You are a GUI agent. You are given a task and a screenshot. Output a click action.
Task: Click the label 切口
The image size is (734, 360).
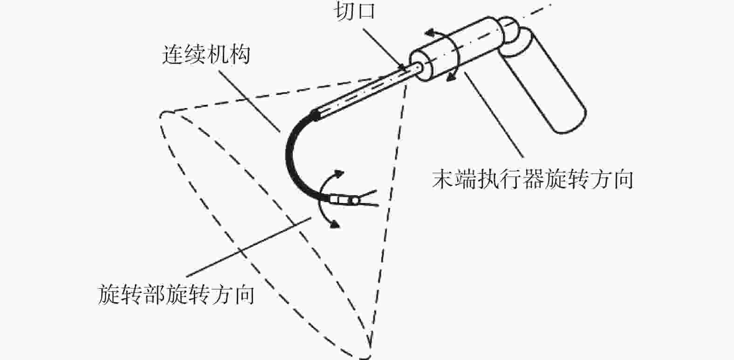coord(356,11)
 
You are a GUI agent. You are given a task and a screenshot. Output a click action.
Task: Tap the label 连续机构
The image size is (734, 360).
coord(206,54)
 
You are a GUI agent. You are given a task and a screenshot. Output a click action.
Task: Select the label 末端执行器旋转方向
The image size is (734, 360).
coord(532,180)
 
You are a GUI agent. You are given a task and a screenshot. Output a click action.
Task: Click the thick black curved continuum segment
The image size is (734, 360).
coord(292,154)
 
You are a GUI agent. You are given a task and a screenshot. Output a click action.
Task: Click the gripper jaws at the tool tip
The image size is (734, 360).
coord(368,198)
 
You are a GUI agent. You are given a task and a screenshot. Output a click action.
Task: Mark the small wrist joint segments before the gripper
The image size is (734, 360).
coord(343,200)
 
